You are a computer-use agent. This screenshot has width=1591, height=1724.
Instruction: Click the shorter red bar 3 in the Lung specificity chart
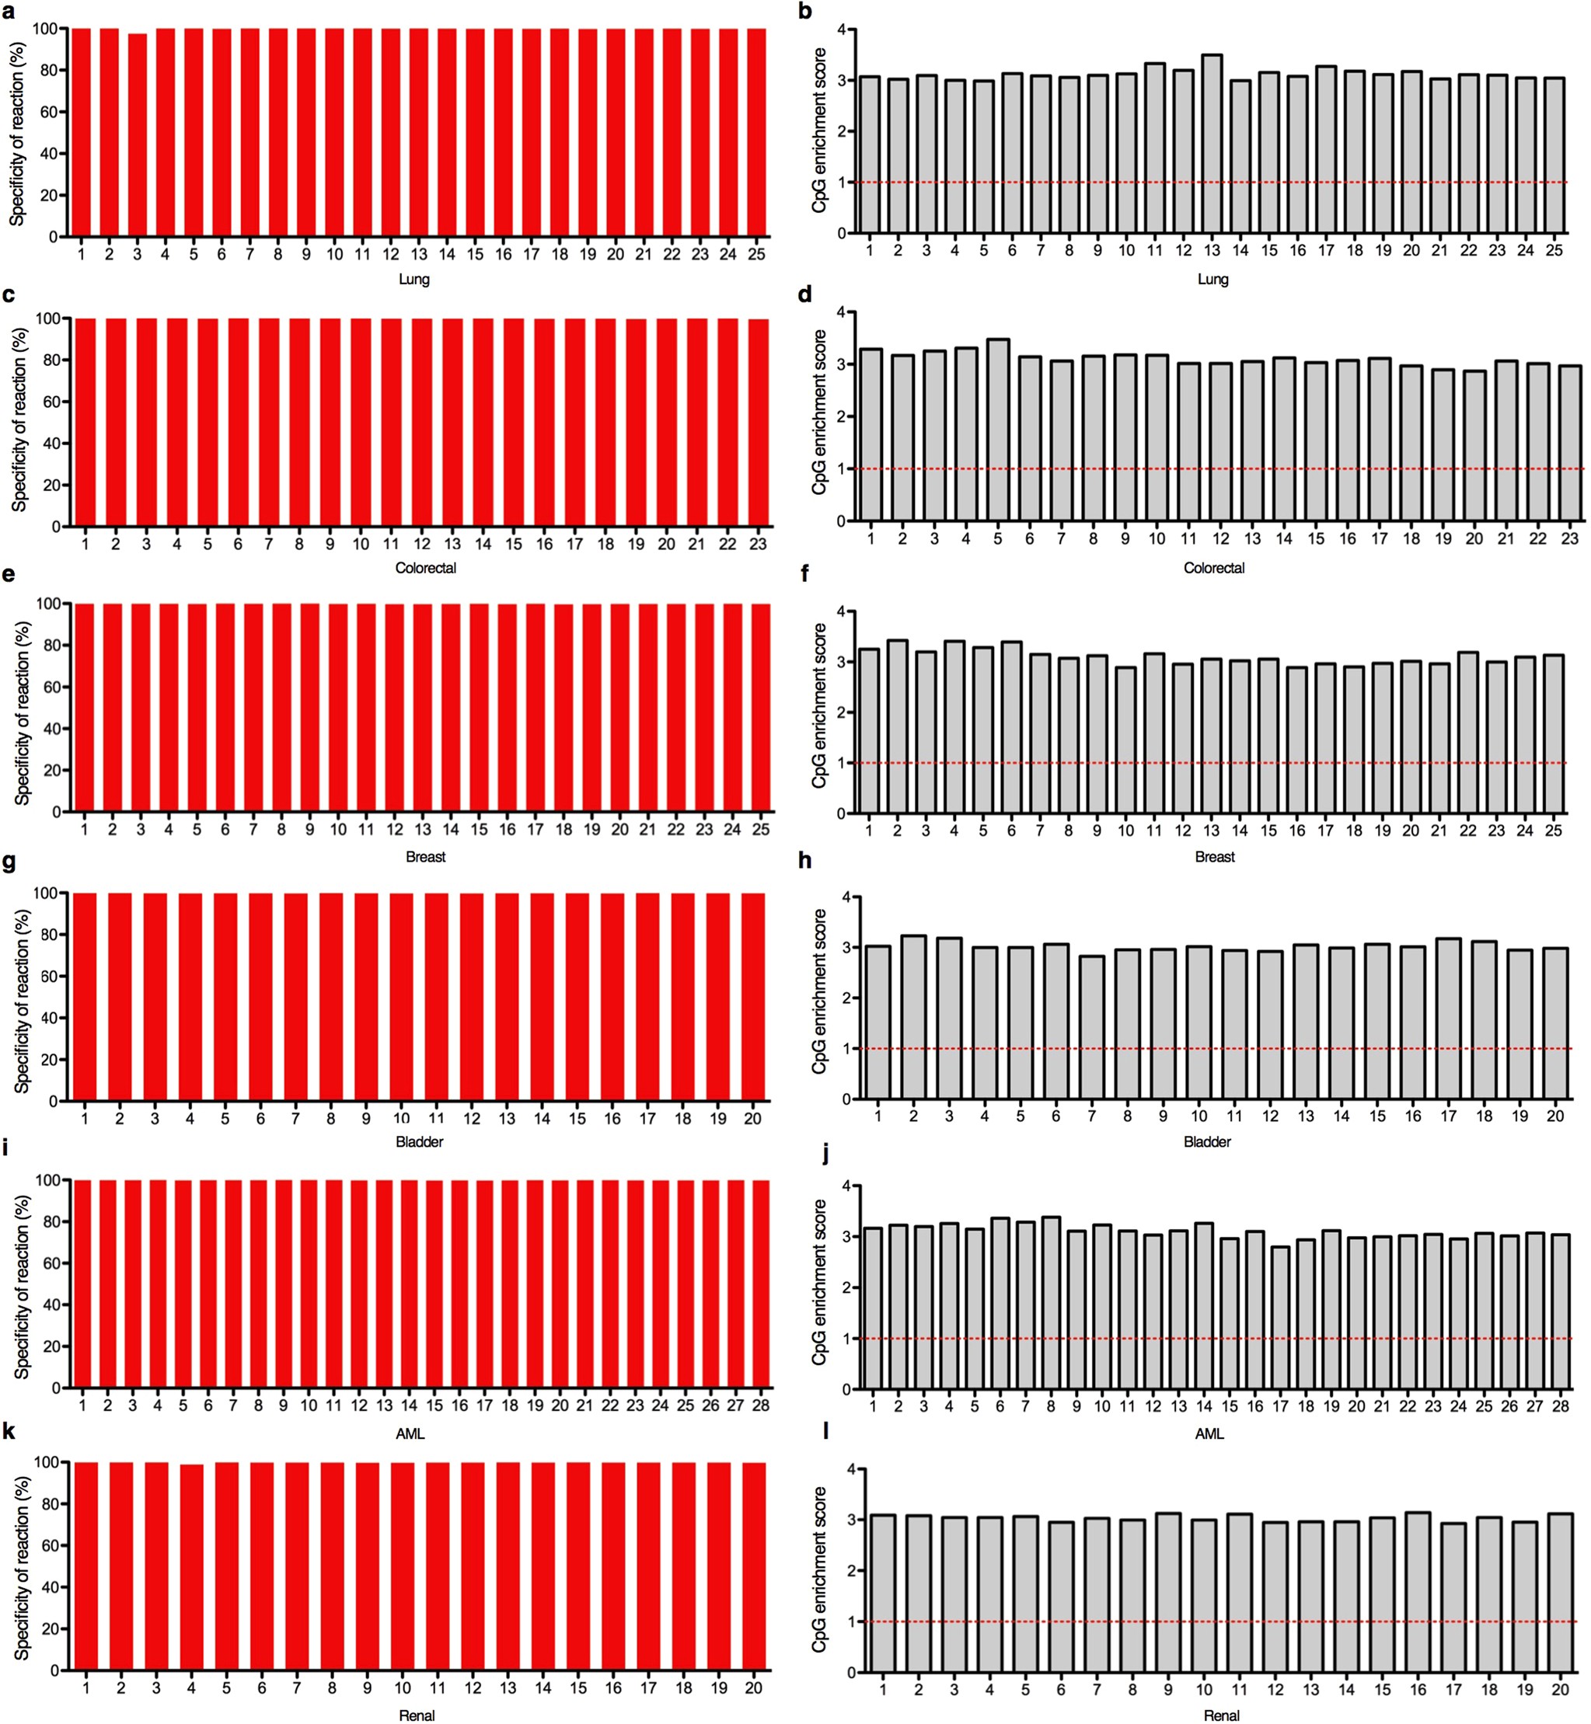point(137,134)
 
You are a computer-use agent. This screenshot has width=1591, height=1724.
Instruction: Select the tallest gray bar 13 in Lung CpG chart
point(1212,145)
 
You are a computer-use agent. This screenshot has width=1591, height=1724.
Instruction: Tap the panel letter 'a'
point(9,12)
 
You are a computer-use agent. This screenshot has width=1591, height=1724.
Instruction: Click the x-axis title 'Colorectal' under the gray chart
point(1214,568)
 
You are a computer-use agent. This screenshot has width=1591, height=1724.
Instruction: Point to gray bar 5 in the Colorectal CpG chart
point(998,430)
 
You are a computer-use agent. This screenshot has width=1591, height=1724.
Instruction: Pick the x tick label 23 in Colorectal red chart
point(758,544)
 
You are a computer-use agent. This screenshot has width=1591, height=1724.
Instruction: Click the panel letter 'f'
point(805,573)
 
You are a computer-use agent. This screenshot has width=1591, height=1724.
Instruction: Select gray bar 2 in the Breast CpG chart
point(897,727)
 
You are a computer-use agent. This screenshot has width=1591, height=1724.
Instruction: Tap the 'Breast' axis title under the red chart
point(425,856)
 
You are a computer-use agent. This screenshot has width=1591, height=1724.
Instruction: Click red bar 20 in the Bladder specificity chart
point(752,998)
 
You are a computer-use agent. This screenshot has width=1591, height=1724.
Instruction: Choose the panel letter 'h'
point(805,861)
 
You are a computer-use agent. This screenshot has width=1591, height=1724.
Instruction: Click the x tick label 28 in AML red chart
point(760,1405)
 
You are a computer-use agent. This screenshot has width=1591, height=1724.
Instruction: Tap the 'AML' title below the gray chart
point(1209,1434)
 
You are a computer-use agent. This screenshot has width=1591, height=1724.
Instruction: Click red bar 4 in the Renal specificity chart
point(191,1567)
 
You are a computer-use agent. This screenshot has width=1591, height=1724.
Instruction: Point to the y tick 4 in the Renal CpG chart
point(851,1469)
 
